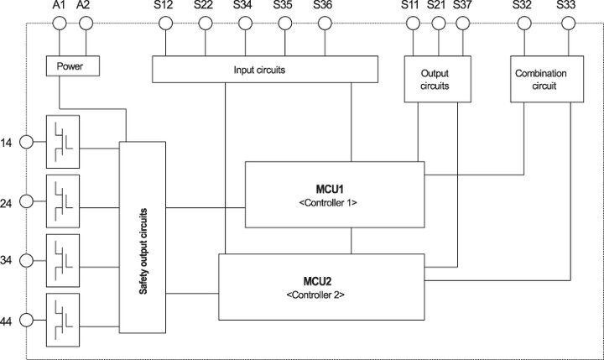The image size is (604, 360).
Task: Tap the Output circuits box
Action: pos(434,79)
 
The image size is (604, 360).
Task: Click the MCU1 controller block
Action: pos(335,195)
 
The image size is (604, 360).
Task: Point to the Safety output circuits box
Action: pos(143,237)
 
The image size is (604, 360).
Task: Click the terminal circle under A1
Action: pos(59,23)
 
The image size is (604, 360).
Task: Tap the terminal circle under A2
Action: pos(83,23)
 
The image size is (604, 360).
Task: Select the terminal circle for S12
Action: pos(164,23)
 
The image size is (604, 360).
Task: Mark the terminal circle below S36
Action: pos(323,23)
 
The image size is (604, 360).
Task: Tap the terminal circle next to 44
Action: pos(27,320)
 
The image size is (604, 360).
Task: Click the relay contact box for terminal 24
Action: pos(63,200)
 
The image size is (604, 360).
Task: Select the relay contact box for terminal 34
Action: pos(63,259)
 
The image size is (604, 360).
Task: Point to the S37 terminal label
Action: pos(462,6)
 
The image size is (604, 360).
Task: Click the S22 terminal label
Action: pos(204,6)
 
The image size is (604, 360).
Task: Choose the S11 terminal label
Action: pos(411,6)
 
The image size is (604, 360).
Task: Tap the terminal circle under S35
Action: pos(283,23)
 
